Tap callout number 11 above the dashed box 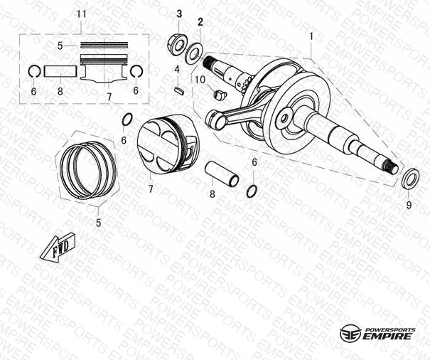82,14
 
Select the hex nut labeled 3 176,44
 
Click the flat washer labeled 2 194,53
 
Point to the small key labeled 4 180,90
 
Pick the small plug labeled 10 220,95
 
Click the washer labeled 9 410,179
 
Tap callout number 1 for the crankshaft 311,36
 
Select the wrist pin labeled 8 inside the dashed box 60,71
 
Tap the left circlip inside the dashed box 35,71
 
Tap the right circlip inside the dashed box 136,71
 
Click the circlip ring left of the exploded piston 127,120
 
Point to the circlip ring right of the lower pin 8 252,191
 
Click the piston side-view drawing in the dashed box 104,68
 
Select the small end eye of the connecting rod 216,120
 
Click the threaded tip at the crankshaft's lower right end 392,167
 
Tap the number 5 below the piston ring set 99,223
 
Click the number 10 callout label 200,80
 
